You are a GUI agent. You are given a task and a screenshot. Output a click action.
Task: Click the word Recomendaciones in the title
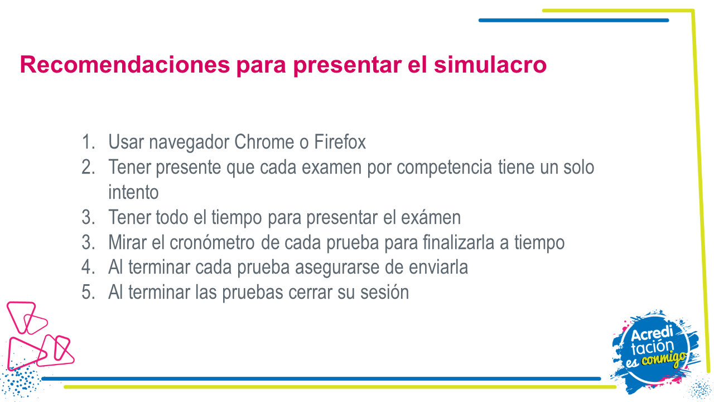click(124, 64)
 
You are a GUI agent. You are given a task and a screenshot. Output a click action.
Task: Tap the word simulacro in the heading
click(490, 64)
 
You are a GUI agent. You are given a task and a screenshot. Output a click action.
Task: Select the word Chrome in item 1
click(264, 142)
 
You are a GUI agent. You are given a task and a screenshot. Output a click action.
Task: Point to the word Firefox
click(340, 142)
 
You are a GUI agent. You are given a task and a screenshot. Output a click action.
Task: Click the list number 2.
click(88, 167)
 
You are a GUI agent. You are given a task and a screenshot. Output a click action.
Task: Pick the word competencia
click(445, 167)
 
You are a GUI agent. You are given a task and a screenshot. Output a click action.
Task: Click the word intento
click(133, 192)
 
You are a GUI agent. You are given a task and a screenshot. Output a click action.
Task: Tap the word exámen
click(431, 217)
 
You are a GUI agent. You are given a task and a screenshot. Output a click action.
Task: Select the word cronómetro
click(212, 242)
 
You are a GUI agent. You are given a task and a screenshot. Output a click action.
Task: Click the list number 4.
click(88, 267)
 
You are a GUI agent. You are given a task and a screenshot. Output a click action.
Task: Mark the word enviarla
click(438, 267)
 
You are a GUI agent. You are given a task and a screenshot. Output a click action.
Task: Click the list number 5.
click(88, 292)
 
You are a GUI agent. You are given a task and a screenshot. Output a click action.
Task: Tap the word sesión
click(384, 292)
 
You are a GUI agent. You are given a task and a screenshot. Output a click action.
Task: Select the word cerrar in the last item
click(310, 293)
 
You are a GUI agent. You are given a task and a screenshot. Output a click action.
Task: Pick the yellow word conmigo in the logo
click(664, 358)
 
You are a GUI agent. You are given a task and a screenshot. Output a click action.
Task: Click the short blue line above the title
click(574, 21)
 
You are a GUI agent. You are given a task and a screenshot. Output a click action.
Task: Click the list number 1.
click(88, 142)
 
